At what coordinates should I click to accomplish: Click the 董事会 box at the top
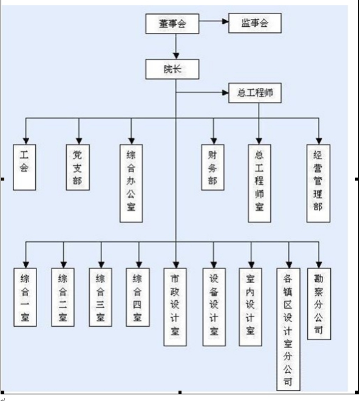tap(172, 24)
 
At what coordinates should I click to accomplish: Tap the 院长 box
tap(172, 69)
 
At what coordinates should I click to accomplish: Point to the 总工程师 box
tap(255, 93)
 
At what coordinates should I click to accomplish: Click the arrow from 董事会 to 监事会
tap(213, 24)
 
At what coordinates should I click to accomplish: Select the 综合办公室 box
tap(131, 183)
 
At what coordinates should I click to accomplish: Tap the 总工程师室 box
tap(259, 183)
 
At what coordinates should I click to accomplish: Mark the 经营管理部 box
tap(318, 182)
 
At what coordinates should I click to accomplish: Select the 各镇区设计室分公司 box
tap(288, 329)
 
